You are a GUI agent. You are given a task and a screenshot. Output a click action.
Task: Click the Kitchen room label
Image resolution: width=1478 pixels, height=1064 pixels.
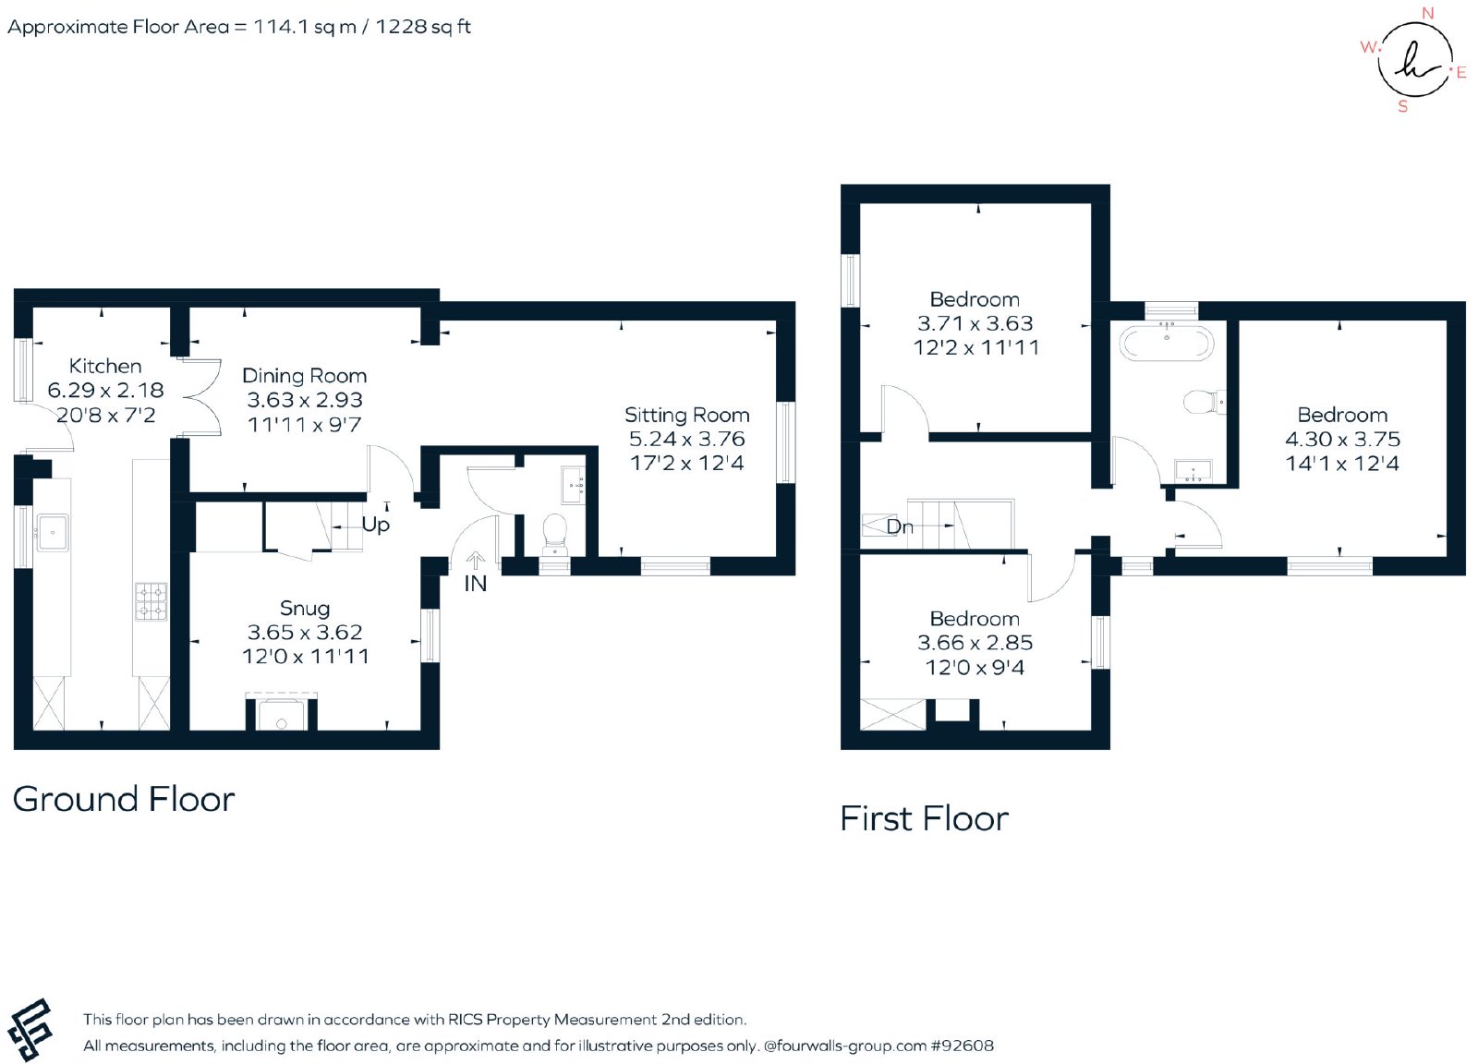point(105,366)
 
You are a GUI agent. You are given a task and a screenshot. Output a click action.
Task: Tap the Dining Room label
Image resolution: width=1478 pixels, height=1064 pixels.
point(304,376)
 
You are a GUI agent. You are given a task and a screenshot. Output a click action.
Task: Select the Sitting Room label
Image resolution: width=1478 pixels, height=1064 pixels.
point(687,416)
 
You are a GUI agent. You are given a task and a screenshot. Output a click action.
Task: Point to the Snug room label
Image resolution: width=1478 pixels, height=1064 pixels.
point(304,608)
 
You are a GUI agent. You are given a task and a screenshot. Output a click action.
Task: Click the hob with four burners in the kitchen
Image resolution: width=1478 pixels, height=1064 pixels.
point(151,601)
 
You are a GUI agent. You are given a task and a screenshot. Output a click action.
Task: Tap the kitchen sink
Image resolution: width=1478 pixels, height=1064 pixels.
point(52,532)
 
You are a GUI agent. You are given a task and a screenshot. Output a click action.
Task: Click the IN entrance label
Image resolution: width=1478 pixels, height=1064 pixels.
point(475,584)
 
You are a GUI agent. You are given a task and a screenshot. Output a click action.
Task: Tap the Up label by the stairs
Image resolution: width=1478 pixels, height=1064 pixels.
point(375,525)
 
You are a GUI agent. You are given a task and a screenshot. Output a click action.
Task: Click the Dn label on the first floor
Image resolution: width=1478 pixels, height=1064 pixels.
point(900,526)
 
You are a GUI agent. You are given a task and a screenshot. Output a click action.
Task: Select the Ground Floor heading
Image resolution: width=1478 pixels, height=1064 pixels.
point(124,800)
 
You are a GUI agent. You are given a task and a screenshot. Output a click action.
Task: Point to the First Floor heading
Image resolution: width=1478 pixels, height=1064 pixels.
point(924,818)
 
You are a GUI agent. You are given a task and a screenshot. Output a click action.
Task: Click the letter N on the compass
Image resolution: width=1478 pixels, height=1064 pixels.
point(1427,13)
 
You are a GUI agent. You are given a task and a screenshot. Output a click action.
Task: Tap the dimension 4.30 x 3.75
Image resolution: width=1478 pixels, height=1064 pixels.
point(1342,440)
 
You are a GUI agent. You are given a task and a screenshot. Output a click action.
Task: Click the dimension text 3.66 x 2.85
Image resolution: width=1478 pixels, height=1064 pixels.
point(975,643)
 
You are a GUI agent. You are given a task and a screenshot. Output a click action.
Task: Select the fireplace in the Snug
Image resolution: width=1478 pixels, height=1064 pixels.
point(281,712)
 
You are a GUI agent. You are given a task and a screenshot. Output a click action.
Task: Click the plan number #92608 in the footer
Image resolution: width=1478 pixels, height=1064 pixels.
point(962,1046)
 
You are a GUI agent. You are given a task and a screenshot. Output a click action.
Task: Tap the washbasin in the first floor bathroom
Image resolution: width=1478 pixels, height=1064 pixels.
point(1193,470)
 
